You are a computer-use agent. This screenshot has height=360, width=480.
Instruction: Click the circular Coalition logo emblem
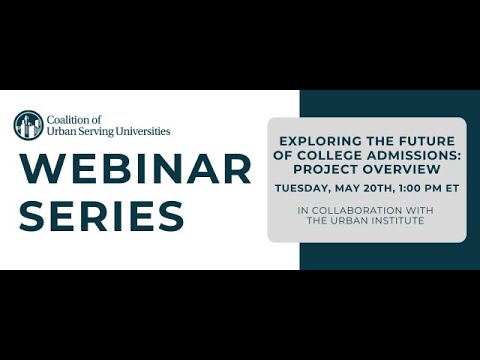pos(28,125)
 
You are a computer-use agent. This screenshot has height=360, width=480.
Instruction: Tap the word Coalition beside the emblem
pos(74,119)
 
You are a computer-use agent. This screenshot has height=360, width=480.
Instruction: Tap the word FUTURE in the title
pos(427,140)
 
